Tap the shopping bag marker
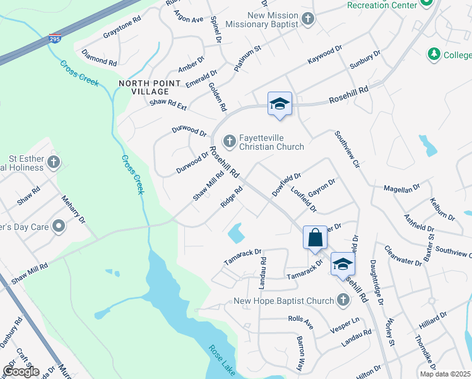tap(316, 238)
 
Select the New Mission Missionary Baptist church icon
tap(307, 19)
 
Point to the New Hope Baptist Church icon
tap(343, 301)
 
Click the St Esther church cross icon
tap(54, 162)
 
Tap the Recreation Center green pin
tap(426, 3)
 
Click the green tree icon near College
tap(433, 55)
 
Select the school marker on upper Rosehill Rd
tap(280, 104)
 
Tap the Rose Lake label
tap(222, 360)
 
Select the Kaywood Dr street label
tap(324, 55)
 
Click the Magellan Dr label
tap(402, 188)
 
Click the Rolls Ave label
tap(300, 323)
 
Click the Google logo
tap(21, 371)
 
